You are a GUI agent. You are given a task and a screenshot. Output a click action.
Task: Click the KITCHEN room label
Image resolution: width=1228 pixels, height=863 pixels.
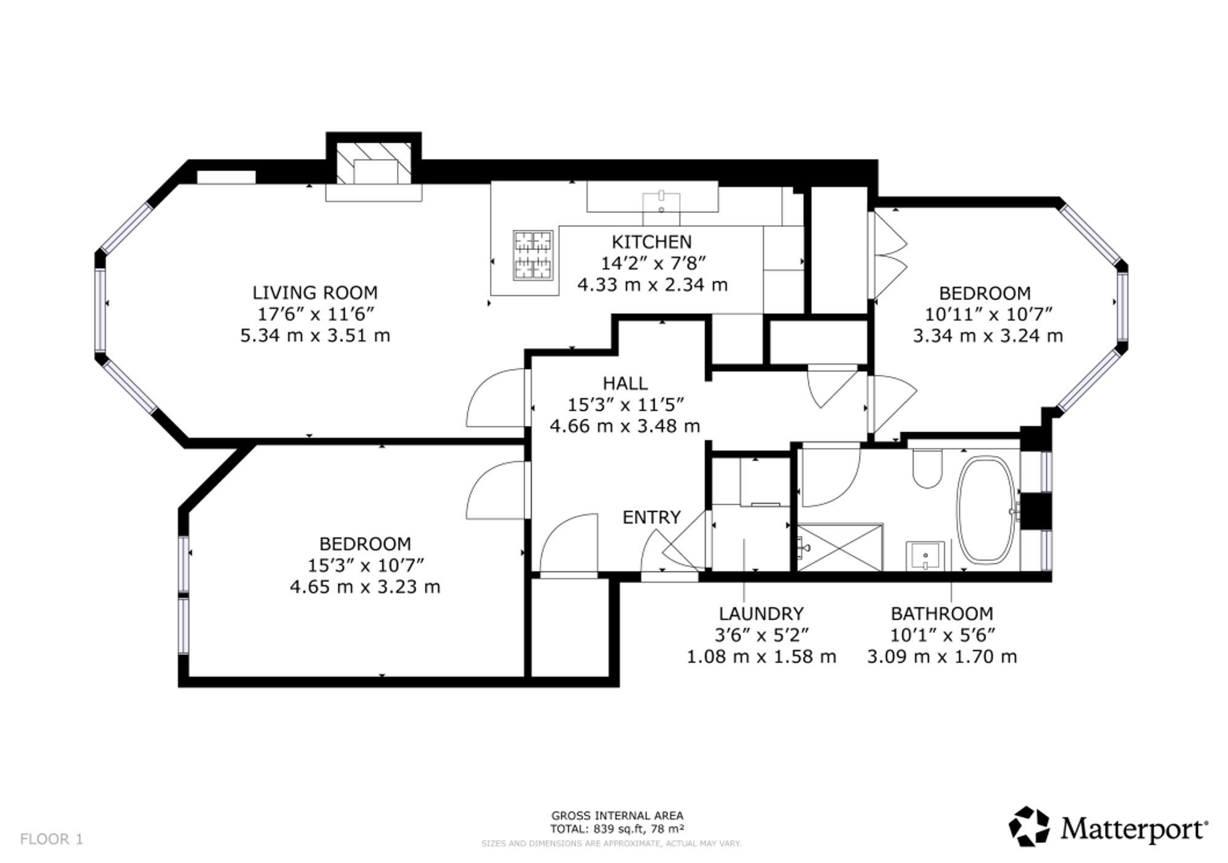pyautogui.click(x=651, y=242)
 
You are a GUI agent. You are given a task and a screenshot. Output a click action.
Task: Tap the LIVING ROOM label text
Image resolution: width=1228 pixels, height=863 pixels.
pyautogui.click(x=315, y=293)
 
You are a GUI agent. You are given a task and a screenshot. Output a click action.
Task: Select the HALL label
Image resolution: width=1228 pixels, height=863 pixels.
pyautogui.click(x=625, y=384)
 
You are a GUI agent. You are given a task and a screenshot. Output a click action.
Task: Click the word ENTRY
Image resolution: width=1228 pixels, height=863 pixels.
pyautogui.click(x=651, y=517)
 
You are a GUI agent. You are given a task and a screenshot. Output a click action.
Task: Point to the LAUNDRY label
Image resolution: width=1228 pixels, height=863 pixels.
pyautogui.click(x=761, y=614)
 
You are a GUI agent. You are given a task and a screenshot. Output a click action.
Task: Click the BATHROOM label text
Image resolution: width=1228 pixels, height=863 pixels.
pyautogui.click(x=942, y=614)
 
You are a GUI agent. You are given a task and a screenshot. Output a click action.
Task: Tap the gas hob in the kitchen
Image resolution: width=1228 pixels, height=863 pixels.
pyautogui.click(x=533, y=255)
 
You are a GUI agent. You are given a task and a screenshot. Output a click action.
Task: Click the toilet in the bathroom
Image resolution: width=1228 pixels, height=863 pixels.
pyautogui.click(x=927, y=470)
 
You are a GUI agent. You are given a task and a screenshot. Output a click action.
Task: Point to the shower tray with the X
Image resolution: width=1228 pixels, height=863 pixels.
pyautogui.click(x=840, y=546)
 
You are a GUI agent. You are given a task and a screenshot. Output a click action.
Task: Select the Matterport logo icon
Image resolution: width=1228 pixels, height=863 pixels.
pyautogui.click(x=1030, y=826)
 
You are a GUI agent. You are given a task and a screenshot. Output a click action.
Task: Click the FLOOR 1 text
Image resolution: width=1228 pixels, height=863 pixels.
pyautogui.click(x=52, y=839)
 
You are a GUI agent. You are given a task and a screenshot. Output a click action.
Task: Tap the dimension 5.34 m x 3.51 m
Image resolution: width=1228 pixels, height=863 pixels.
pyautogui.click(x=315, y=336)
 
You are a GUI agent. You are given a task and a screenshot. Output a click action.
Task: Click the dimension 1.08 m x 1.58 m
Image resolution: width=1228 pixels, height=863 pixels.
pyautogui.click(x=761, y=657)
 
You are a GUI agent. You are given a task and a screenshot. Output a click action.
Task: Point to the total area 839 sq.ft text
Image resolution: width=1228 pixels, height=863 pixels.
pyautogui.click(x=618, y=829)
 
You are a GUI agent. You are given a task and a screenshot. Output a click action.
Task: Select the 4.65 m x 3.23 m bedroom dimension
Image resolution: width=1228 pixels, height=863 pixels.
pyautogui.click(x=365, y=587)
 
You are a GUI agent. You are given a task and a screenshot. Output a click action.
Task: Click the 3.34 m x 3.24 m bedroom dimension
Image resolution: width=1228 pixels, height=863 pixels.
pyautogui.click(x=987, y=336)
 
